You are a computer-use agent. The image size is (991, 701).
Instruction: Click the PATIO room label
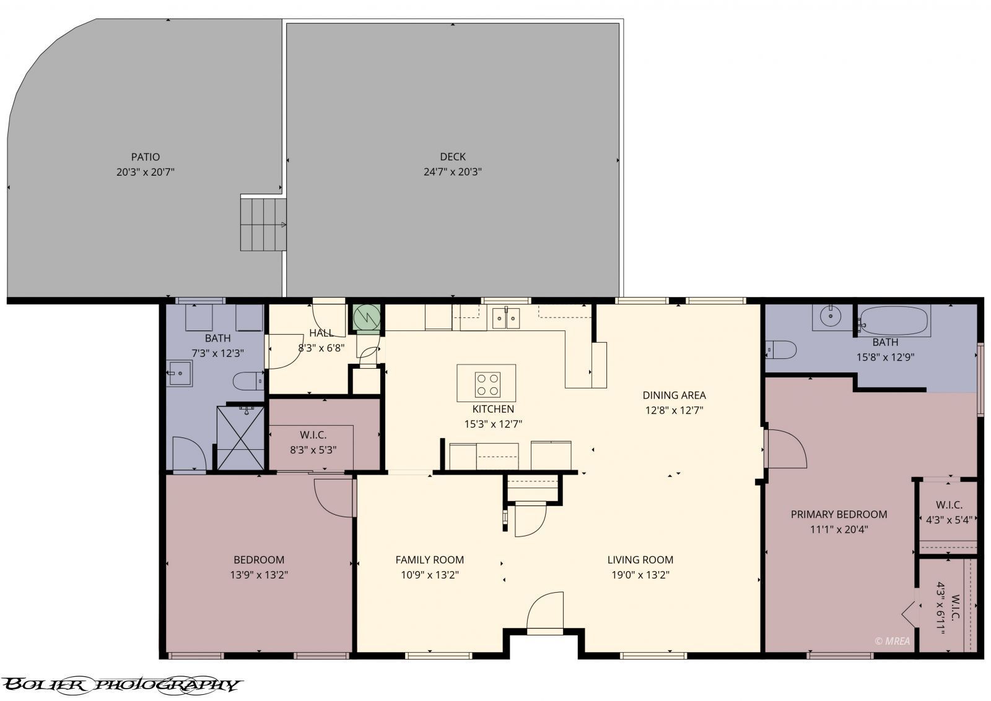146,157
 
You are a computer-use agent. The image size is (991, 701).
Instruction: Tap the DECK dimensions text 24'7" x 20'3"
453,172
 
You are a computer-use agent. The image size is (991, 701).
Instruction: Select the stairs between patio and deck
264,223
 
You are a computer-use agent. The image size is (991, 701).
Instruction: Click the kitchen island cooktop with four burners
487,384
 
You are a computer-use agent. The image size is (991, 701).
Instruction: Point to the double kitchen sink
507,319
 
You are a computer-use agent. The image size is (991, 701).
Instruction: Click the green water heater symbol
365,318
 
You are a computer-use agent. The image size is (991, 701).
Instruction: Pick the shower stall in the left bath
240,437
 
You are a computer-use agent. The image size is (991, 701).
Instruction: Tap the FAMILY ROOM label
429,560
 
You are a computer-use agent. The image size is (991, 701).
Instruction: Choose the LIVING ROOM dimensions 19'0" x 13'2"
640,575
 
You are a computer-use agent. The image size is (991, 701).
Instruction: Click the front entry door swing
545,613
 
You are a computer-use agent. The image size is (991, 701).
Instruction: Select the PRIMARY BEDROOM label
839,514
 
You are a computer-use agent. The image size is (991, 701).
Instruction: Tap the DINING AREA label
674,395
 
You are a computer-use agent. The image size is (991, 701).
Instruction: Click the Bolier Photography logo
121,684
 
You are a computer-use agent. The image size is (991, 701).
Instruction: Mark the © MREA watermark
892,641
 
